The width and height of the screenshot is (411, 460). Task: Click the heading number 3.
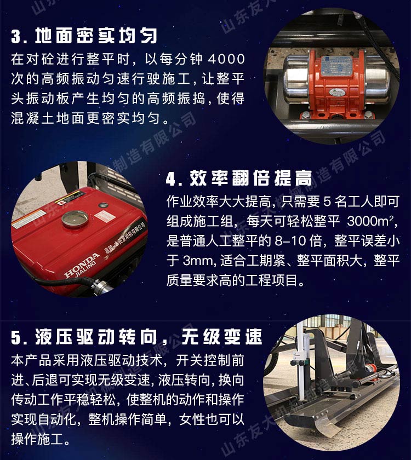[x=18, y=36]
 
